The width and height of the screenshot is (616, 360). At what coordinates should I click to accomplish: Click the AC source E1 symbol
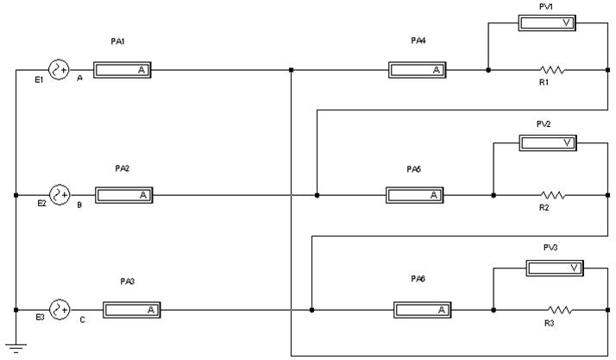click(60, 70)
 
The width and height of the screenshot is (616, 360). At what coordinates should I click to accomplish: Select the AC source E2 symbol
click(60, 195)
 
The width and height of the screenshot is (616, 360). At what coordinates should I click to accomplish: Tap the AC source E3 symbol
click(60, 309)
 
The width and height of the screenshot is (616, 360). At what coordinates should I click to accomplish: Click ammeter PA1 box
click(122, 70)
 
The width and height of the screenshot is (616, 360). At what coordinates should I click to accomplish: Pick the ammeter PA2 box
click(124, 195)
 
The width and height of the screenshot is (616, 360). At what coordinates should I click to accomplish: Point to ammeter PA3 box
click(131, 309)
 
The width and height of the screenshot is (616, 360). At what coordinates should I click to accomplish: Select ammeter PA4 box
click(417, 70)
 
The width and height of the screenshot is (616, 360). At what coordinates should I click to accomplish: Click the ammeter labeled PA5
click(414, 195)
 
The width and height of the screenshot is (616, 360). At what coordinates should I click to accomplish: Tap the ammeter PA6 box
click(422, 309)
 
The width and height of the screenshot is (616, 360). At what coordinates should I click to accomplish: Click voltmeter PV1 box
click(546, 22)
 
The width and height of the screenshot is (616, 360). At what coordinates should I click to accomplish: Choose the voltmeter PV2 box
click(547, 142)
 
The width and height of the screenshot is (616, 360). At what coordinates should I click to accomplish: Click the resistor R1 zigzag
click(551, 70)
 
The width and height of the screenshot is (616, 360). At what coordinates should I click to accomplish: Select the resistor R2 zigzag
click(551, 195)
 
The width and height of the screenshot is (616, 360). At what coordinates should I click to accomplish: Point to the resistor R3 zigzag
click(559, 309)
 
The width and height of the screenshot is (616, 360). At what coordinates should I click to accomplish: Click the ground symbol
click(16, 348)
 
